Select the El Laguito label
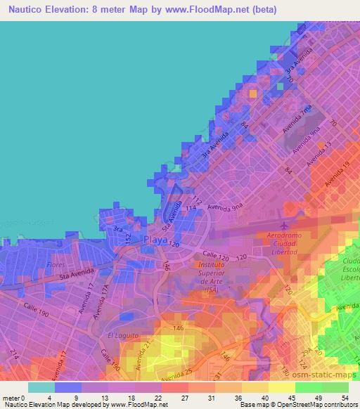[x=120, y=336]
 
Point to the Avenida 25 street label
[x=175, y=379]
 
